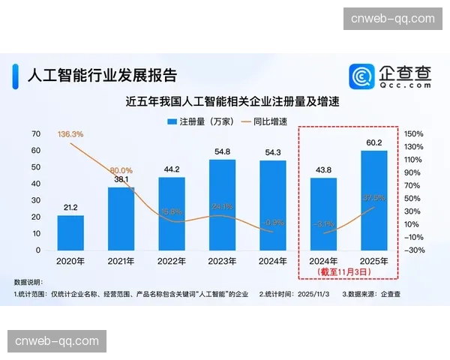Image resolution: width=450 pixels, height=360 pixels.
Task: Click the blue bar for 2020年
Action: (70, 232)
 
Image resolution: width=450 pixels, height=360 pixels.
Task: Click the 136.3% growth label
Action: (70, 133)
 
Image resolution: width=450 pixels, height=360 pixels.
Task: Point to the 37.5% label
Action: (373, 198)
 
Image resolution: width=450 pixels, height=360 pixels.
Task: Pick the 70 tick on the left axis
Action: (35, 133)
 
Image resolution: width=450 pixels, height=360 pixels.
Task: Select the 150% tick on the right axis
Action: (413, 133)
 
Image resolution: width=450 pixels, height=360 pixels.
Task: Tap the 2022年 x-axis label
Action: (172, 261)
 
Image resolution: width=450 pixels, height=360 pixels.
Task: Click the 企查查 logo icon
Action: (363, 76)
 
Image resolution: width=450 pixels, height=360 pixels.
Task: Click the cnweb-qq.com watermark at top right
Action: (392, 19)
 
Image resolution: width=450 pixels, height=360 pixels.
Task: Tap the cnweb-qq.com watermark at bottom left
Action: (57, 341)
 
